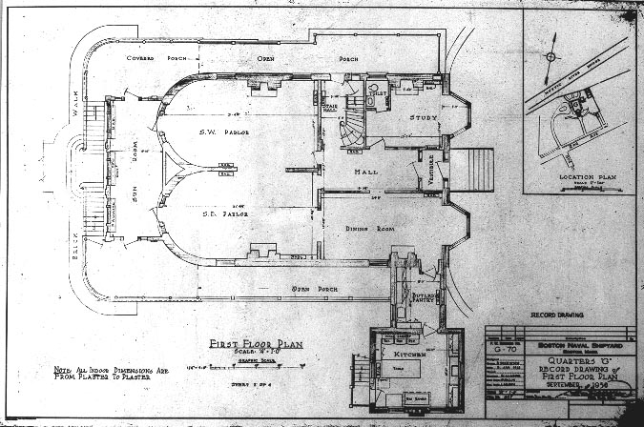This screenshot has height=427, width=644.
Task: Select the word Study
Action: click(x=424, y=117)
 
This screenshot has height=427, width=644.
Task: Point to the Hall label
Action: click(x=365, y=172)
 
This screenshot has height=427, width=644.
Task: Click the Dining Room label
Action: click(x=359, y=229)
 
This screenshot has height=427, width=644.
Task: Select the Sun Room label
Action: click(x=135, y=174)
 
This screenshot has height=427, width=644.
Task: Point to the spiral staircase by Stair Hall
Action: click(x=352, y=122)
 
